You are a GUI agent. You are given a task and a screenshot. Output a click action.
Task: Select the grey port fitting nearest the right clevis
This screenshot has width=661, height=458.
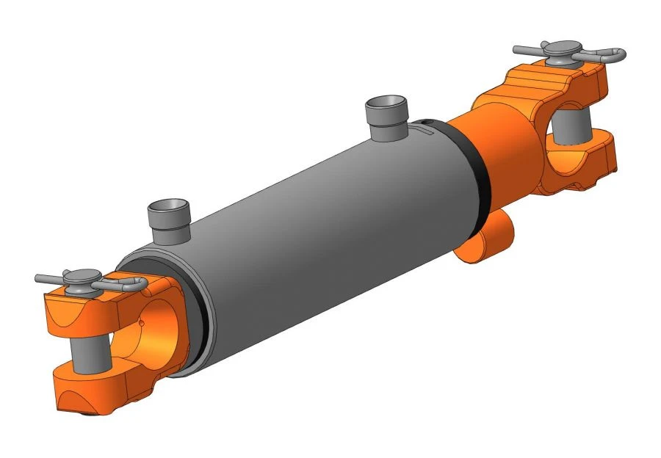386,114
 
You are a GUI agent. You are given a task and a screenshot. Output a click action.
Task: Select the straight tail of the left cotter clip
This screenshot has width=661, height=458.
48,278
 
